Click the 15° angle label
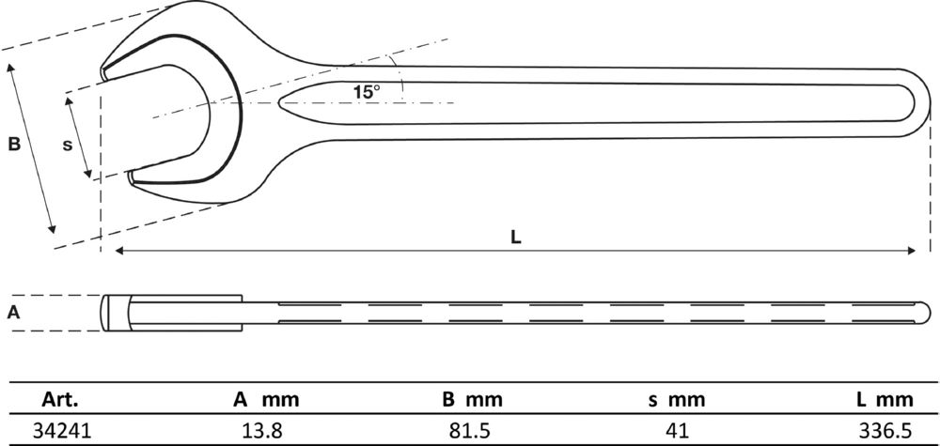pos(367,92)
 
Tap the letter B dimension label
pos(14,145)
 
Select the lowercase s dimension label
pos(67,145)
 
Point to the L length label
pos(515,238)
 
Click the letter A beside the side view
pos(13,314)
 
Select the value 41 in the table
pos(676,431)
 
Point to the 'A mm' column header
pos(266,399)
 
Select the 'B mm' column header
pos(476,399)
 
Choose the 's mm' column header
pos(676,399)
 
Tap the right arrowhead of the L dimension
pos(912,251)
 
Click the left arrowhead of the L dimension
pos(119,251)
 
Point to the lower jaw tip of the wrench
pos(132,175)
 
